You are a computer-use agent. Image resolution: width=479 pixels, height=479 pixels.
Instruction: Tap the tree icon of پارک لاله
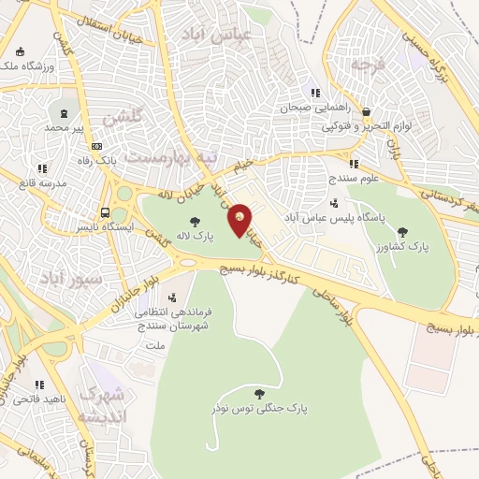[195, 222]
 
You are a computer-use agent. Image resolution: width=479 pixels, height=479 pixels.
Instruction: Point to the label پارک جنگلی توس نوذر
[259, 409]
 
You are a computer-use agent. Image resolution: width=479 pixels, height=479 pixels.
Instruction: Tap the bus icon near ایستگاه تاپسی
[105, 212]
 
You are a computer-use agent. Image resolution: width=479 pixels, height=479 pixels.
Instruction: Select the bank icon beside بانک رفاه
[96, 146]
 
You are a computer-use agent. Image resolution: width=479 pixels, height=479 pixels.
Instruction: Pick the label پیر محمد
[70, 125]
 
